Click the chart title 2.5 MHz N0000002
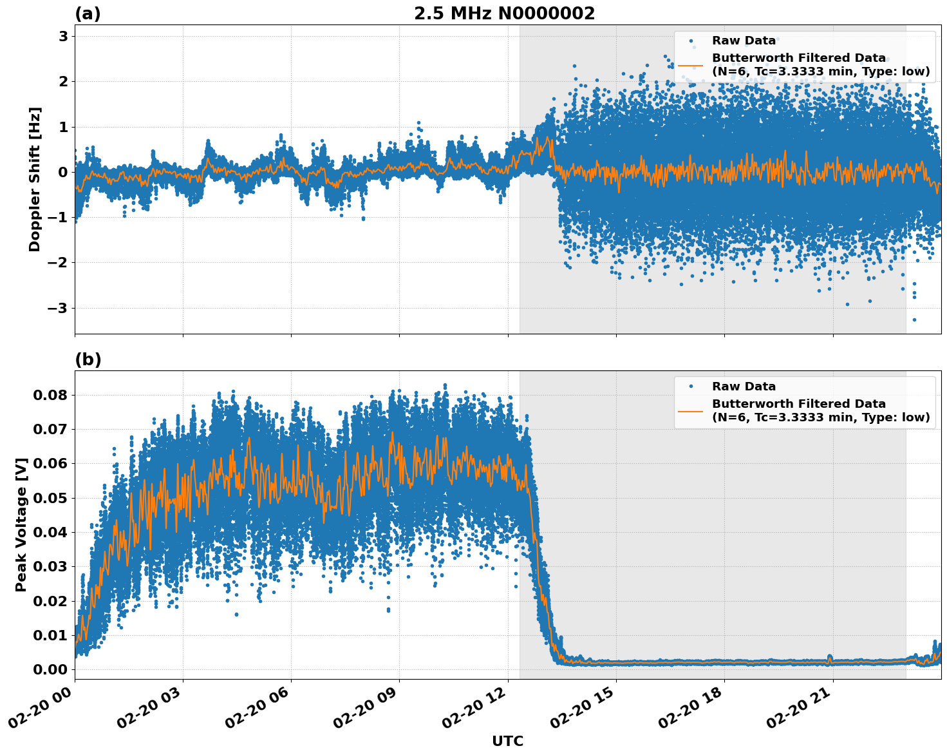point(504,14)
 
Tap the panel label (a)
point(88,14)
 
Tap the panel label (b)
point(88,359)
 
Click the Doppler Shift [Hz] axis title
point(35,179)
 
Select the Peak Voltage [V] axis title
point(21,524)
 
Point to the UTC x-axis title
point(507,741)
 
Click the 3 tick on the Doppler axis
point(63,36)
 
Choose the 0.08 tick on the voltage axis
point(50,395)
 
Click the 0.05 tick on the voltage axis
point(50,498)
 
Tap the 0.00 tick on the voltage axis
point(50,670)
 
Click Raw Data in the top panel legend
point(744,41)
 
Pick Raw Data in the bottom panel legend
point(744,387)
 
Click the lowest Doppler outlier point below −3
point(914,320)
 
